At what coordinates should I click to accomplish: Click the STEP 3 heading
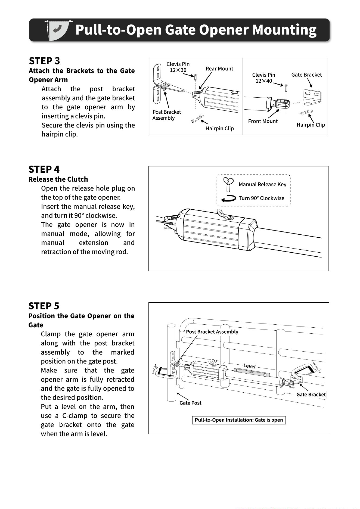point(44,61)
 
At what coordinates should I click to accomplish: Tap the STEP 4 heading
point(44,169)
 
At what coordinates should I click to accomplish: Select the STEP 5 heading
point(44,306)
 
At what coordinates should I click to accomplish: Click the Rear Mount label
point(219,69)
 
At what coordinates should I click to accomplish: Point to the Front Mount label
point(263,121)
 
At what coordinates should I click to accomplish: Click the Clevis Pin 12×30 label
point(178,67)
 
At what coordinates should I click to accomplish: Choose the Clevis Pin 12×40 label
point(264,78)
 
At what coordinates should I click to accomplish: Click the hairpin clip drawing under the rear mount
point(197,119)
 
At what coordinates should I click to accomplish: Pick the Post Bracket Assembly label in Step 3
point(167,115)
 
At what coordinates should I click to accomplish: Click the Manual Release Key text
point(262,184)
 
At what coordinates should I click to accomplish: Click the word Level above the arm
point(250,366)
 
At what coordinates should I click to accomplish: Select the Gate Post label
point(190,403)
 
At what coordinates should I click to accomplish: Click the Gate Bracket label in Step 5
point(311,395)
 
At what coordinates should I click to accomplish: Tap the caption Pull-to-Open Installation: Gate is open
point(239,420)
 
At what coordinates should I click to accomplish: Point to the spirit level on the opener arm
point(252,372)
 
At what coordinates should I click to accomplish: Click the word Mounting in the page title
point(284,30)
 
